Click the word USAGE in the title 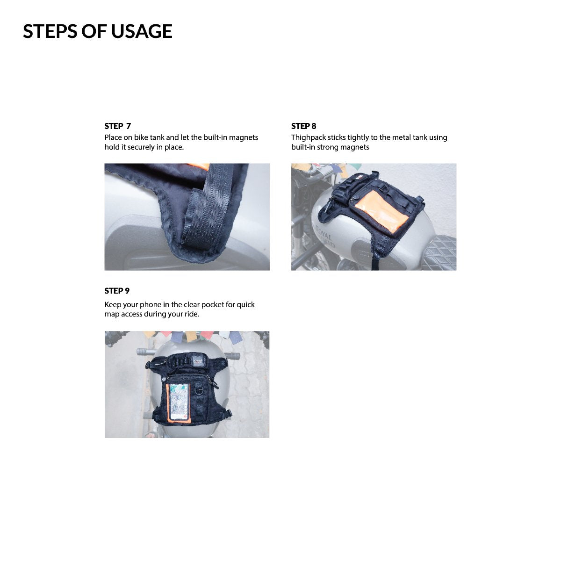point(142,31)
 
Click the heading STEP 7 point(118,126)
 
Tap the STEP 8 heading point(304,126)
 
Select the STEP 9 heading point(117,291)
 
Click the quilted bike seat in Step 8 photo point(440,252)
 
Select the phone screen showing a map point(179,403)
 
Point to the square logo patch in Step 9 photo point(199,361)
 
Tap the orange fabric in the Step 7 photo point(198,166)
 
